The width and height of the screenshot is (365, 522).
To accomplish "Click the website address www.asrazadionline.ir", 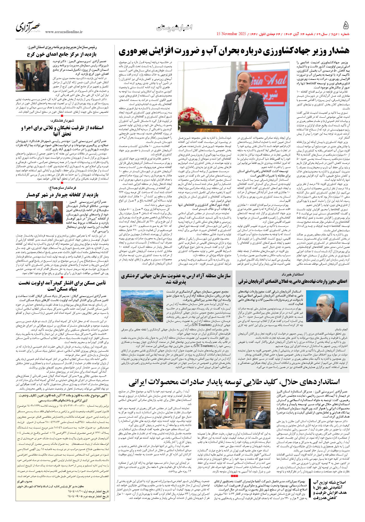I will coord(64,32).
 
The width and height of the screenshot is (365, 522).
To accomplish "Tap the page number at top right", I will coord(346,26).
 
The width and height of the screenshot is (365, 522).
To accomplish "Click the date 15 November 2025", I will coord(231,34).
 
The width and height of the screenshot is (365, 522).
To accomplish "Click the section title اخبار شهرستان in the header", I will coord(174,27).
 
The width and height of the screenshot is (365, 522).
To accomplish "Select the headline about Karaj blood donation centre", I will coord(62,54).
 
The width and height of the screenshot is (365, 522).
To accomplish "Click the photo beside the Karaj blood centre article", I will coord(33,72).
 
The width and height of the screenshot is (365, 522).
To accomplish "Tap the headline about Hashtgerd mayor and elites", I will coord(62,131).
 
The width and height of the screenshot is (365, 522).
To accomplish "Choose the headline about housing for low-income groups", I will coord(62,286).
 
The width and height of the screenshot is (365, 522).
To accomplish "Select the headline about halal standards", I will coord(234,382).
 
